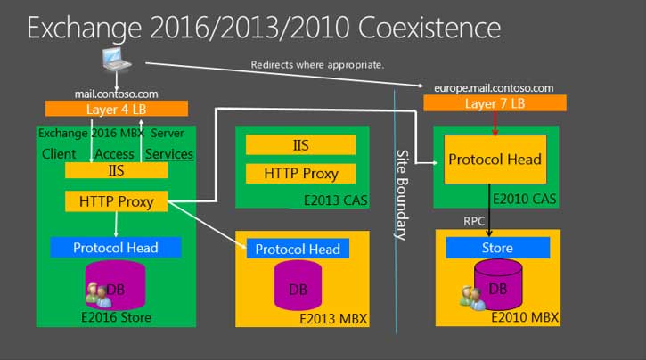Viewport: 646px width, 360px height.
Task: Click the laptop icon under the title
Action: point(117,60)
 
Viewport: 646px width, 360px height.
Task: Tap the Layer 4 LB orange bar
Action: point(117,109)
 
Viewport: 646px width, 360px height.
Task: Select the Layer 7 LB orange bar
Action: point(495,103)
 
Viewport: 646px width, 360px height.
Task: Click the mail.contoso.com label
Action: point(116,94)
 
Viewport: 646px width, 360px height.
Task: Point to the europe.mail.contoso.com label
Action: point(494,88)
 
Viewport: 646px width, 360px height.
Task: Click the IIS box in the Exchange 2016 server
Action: point(116,170)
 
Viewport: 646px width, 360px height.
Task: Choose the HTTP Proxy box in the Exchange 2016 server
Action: point(116,201)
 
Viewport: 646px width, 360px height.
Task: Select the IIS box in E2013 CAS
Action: point(301,145)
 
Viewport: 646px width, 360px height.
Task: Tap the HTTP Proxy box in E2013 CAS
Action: point(301,174)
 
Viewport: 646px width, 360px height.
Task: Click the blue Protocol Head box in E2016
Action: point(116,247)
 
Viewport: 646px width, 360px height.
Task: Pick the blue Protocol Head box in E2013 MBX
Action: point(298,249)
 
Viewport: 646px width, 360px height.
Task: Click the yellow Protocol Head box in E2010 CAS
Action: point(495,160)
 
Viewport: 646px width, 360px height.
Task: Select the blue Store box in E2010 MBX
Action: point(498,248)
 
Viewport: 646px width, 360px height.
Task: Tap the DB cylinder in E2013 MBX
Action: point(298,285)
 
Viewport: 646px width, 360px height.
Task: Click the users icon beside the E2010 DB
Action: point(472,298)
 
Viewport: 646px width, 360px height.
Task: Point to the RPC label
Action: point(474,221)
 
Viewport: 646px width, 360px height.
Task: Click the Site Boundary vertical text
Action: point(402,195)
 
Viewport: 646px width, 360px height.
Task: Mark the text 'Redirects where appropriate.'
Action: point(317,65)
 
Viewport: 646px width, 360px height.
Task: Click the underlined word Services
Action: point(169,154)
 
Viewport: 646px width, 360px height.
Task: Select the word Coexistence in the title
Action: point(429,28)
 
